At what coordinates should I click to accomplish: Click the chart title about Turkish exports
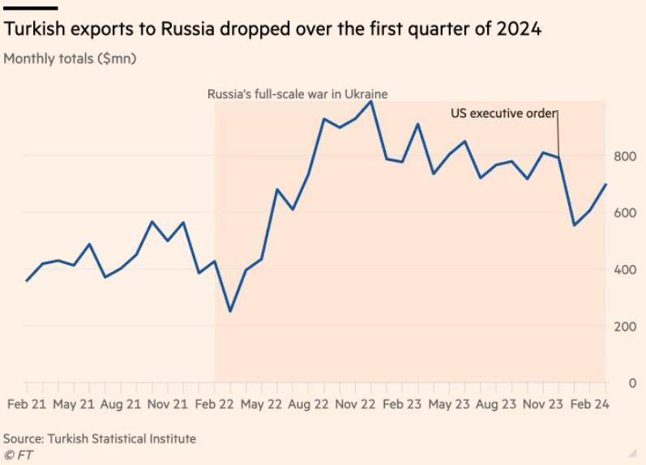pos(272,30)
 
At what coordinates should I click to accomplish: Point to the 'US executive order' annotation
pos(503,113)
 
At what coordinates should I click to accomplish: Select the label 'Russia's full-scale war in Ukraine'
pos(297,94)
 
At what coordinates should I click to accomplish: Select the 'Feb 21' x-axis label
pos(26,403)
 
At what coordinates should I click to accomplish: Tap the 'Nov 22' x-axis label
pos(356,403)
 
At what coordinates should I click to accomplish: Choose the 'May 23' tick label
pos(449,403)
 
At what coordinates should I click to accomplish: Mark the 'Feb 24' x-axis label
pos(590,403)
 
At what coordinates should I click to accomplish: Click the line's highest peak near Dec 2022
pos(371,101)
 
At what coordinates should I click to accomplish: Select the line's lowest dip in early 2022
pos(230,311)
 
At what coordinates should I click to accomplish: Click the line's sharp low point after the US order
pos(575,224)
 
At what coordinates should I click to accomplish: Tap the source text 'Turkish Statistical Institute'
pos(122,438)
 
